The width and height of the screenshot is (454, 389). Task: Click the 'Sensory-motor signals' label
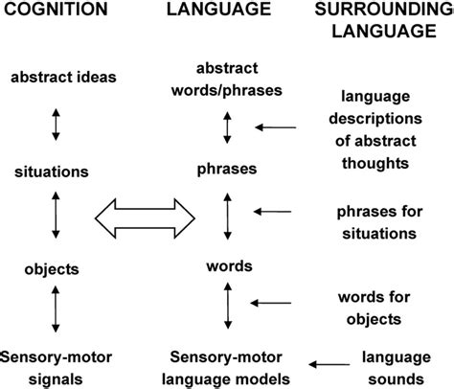click(57, 364)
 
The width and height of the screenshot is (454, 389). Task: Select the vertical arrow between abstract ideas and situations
click(57, 126)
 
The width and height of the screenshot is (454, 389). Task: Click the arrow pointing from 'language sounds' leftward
click(336, 364)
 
